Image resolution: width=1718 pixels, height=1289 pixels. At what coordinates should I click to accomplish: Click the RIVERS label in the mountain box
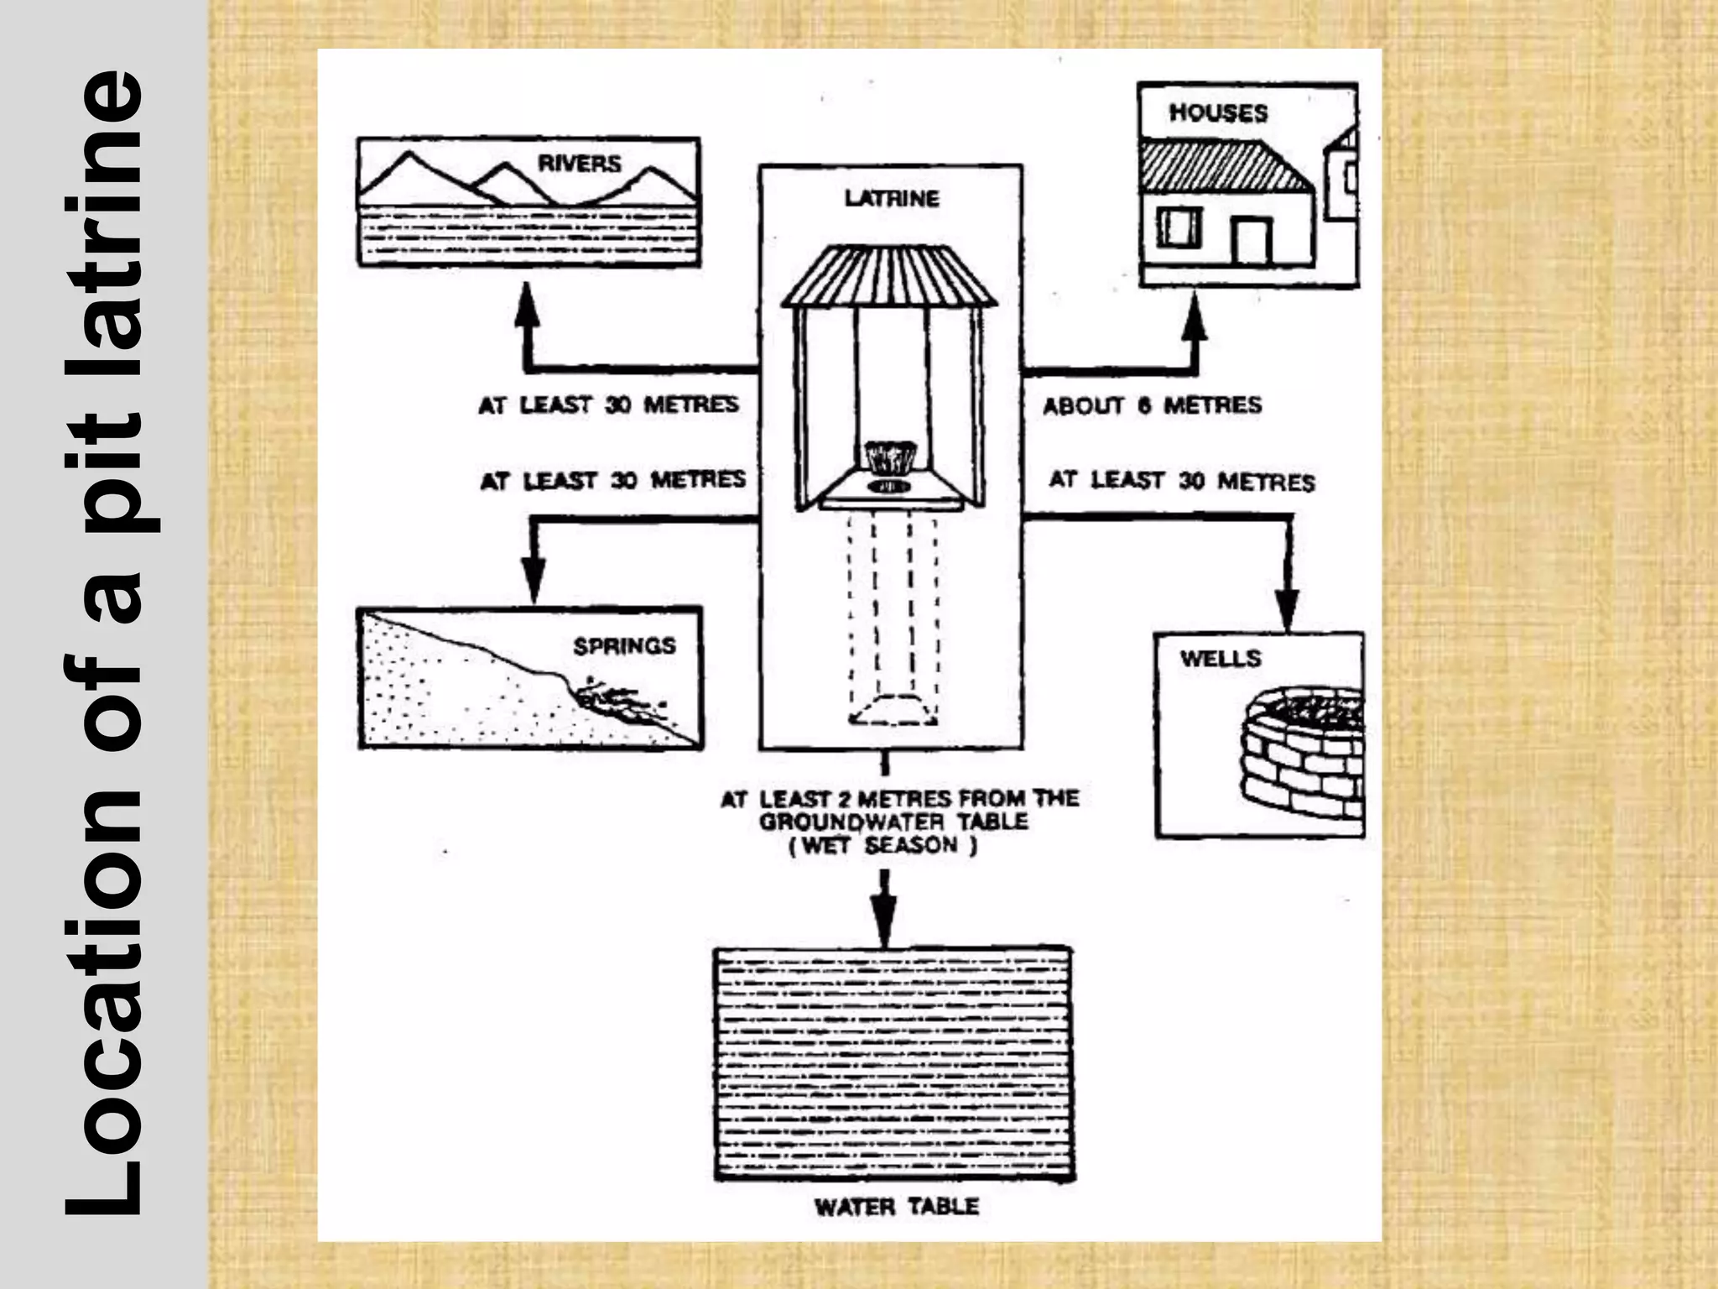[580, 163]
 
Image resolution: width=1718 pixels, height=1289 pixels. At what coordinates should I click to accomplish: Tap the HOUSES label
[1218, 113]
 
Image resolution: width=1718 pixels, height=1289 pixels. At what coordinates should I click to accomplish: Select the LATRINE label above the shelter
[892, 199]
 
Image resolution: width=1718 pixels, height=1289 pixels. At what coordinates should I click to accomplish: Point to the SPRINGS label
[624, 645]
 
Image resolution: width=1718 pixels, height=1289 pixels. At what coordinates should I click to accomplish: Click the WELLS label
[1221, 658]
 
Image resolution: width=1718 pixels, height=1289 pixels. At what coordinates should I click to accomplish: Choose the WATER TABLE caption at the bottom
[897, 1207]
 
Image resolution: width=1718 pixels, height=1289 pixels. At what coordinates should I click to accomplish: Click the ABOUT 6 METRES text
[1152, 406]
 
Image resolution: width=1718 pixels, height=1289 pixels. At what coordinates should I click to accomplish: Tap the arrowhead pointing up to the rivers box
[526, 299]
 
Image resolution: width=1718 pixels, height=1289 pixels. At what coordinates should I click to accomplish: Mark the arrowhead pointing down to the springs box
[534, 580]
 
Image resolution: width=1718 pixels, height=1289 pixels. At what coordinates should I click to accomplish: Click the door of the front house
[1252, 242]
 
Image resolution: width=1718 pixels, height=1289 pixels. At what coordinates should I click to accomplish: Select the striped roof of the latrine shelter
[890, 277]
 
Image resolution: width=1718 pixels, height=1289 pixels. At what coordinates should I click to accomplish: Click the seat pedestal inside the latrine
[890, 457]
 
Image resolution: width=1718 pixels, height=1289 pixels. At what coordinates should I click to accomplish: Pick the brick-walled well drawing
[1300, 755]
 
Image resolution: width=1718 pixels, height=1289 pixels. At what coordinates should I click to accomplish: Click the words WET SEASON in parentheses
[882, 846]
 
